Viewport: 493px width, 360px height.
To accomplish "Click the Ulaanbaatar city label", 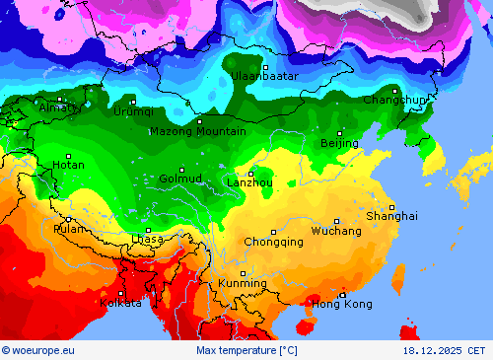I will click(x=264, y=76).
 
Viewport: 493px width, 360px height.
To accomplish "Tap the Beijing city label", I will click(x=339, y=144).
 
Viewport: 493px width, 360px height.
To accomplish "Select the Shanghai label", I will click(x=391, y=216).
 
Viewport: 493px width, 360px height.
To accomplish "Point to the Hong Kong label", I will click(x=343, y=304).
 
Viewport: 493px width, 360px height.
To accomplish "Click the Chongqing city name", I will click(x=273, y=242).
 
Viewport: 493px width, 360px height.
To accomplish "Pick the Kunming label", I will click(x=243, y=284).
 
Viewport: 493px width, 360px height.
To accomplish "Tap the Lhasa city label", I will click(x=147, y=240).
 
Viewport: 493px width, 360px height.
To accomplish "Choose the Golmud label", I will click(x=180, y=180).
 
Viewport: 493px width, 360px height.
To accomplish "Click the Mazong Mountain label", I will click(x=197, y=131).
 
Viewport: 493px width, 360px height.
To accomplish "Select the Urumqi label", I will click(x=133, y=111).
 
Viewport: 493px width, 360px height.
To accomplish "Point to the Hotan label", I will click(x=68, y=166).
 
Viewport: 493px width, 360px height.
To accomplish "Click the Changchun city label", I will click(x=394, y=100).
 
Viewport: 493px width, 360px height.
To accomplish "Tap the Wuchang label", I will click(x=336, y=231).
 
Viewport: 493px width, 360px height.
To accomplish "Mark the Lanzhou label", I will click(x=249, y=182).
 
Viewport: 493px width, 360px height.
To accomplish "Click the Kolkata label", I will click(x=120, y=303).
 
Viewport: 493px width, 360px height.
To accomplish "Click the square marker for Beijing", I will click(x=340, y=133).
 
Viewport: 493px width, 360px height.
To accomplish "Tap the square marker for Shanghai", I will click(x=391, y=206).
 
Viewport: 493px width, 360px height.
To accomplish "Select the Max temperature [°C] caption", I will click(x=246, y=350).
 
